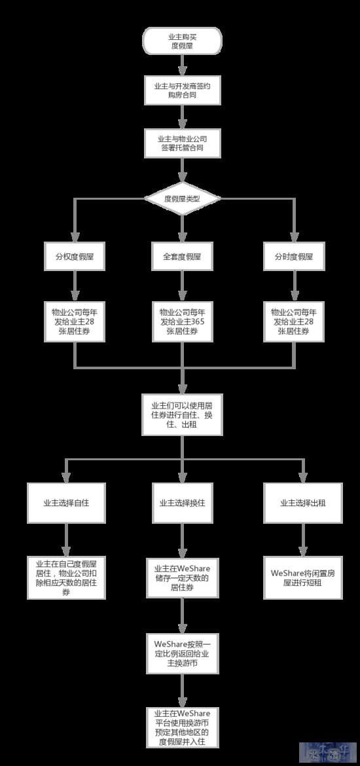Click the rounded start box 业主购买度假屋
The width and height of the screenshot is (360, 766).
(182, 41)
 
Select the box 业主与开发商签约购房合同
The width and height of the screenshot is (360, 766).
(182, 90)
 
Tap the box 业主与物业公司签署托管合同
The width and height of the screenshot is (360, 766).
(182, 143)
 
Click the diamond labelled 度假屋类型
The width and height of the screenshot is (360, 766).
(182, 198)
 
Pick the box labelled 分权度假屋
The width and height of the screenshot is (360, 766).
(75, 257)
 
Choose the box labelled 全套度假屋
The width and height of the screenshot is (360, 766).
(182, 257)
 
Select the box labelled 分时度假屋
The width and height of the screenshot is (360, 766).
(294, 257)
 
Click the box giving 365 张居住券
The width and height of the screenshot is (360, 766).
(182, 321)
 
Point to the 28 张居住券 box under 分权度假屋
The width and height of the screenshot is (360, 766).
(75, 321)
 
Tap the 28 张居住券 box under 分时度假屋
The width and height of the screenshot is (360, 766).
(294, 321)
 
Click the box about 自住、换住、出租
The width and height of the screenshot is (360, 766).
(182, 415)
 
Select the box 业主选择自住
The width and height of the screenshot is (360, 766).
(66, 503)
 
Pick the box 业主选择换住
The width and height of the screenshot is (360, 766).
(182, 503)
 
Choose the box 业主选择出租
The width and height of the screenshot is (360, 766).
(303, 503)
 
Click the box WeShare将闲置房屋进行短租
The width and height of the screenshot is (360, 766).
(303, 577)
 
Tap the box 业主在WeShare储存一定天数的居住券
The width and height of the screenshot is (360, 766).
(182, 577)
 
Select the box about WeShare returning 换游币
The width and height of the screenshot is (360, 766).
(182, 653)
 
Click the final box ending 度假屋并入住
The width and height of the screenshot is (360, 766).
(182, 727)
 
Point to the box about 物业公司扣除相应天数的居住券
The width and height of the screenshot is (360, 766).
(66, 577)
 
